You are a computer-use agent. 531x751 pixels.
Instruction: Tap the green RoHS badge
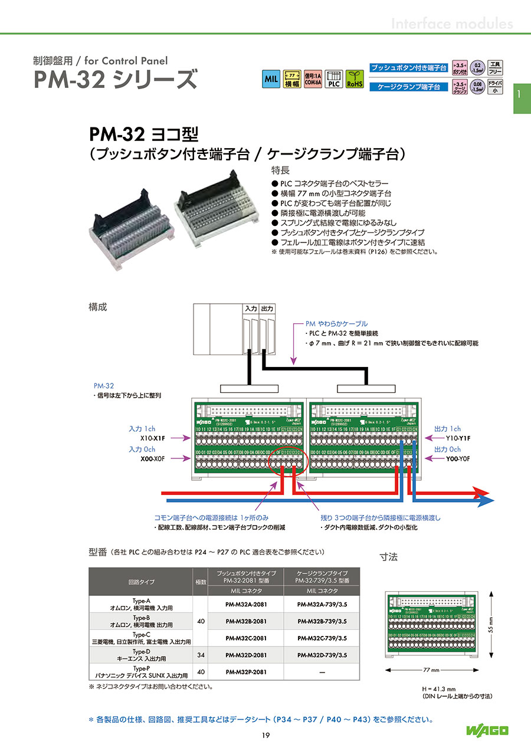[355, 79]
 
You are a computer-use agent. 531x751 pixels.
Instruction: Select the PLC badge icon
[334, 79]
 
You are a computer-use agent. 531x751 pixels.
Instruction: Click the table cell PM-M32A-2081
[246, 604]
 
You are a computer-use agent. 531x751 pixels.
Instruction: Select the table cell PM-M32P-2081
[246, 671]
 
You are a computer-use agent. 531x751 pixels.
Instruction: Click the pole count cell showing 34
[201, 655]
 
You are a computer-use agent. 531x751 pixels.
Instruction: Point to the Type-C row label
[141, 638]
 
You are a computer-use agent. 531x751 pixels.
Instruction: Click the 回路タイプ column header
[141, 582]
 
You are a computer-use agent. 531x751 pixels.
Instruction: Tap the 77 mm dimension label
[431, 671]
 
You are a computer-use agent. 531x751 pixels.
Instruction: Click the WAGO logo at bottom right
[487, 731]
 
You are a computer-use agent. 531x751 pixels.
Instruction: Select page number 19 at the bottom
[265, 735]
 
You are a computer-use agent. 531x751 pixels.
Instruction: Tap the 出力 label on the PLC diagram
[267, 309]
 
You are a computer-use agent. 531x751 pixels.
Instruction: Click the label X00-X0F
[152, 458]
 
